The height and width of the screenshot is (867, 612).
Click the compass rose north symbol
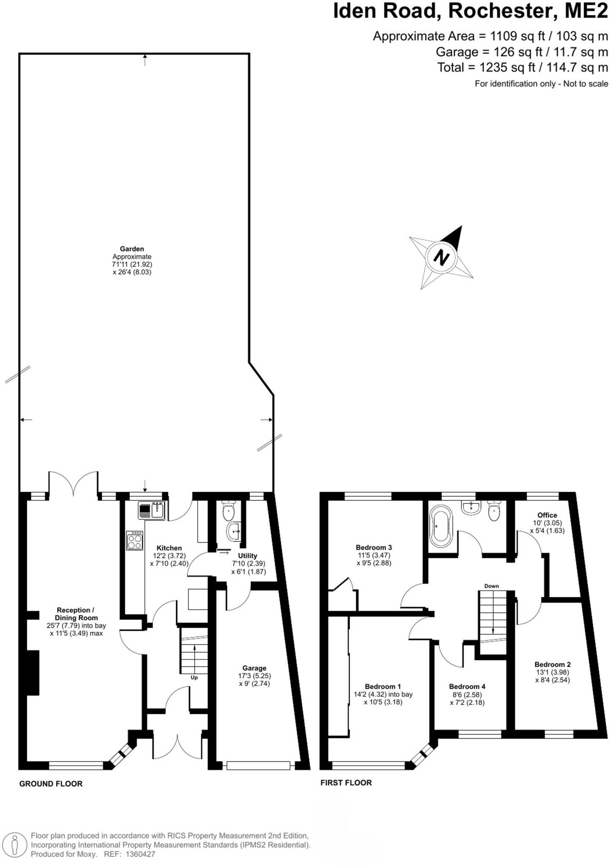441,257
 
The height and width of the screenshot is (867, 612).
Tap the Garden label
132,249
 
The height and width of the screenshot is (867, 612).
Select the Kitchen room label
169,548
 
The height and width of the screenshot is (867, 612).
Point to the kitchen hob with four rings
135,541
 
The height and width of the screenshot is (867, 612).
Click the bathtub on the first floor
441,525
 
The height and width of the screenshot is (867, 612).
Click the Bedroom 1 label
383,686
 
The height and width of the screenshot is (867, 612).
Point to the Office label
547,515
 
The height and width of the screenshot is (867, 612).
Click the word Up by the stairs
194,677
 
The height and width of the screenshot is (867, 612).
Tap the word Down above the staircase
491,586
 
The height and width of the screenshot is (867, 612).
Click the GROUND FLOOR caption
51,784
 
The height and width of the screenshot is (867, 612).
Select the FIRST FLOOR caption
346,783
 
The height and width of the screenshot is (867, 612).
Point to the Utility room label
247,555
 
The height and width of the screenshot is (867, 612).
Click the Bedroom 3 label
374,547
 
